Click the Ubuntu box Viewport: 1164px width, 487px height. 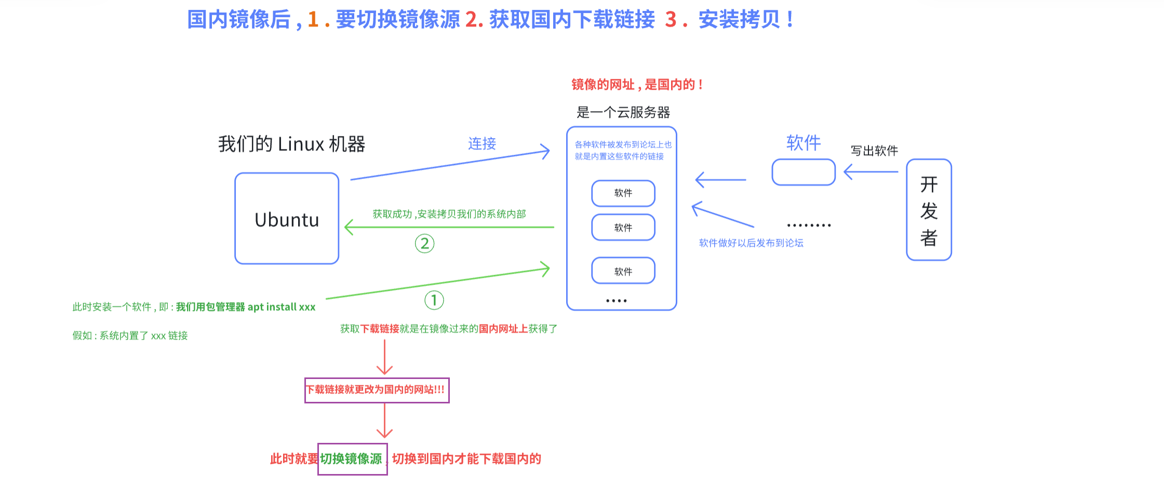[287, 219]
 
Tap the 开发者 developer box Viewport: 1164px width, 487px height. [929, 210]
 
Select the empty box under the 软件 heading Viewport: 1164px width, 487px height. [804, 172]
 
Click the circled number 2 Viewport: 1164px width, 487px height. [424, 244]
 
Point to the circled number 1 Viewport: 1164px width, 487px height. [434, 300]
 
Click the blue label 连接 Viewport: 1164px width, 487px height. [482, 144]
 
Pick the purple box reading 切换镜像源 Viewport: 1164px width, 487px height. [353, 459]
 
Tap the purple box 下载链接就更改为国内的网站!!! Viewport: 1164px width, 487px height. [377, 390]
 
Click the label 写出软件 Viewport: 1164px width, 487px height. [874, 151]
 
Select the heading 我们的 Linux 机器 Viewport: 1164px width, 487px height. [291, 144]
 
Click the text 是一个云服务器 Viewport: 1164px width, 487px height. [623, 113]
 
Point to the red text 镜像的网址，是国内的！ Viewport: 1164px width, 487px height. [637, 85]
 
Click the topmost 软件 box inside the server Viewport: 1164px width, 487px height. [623, 193]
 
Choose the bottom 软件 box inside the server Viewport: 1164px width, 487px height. [623, 271]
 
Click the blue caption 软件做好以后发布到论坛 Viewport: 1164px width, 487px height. [751, 243]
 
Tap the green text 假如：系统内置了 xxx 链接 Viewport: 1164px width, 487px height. [130, 336]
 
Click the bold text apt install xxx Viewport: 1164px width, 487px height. [282, 307]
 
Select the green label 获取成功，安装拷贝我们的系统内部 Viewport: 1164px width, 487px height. [449, 214]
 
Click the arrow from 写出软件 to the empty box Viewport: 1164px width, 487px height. [871, 172]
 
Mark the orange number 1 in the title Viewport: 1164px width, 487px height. [313, 20]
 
